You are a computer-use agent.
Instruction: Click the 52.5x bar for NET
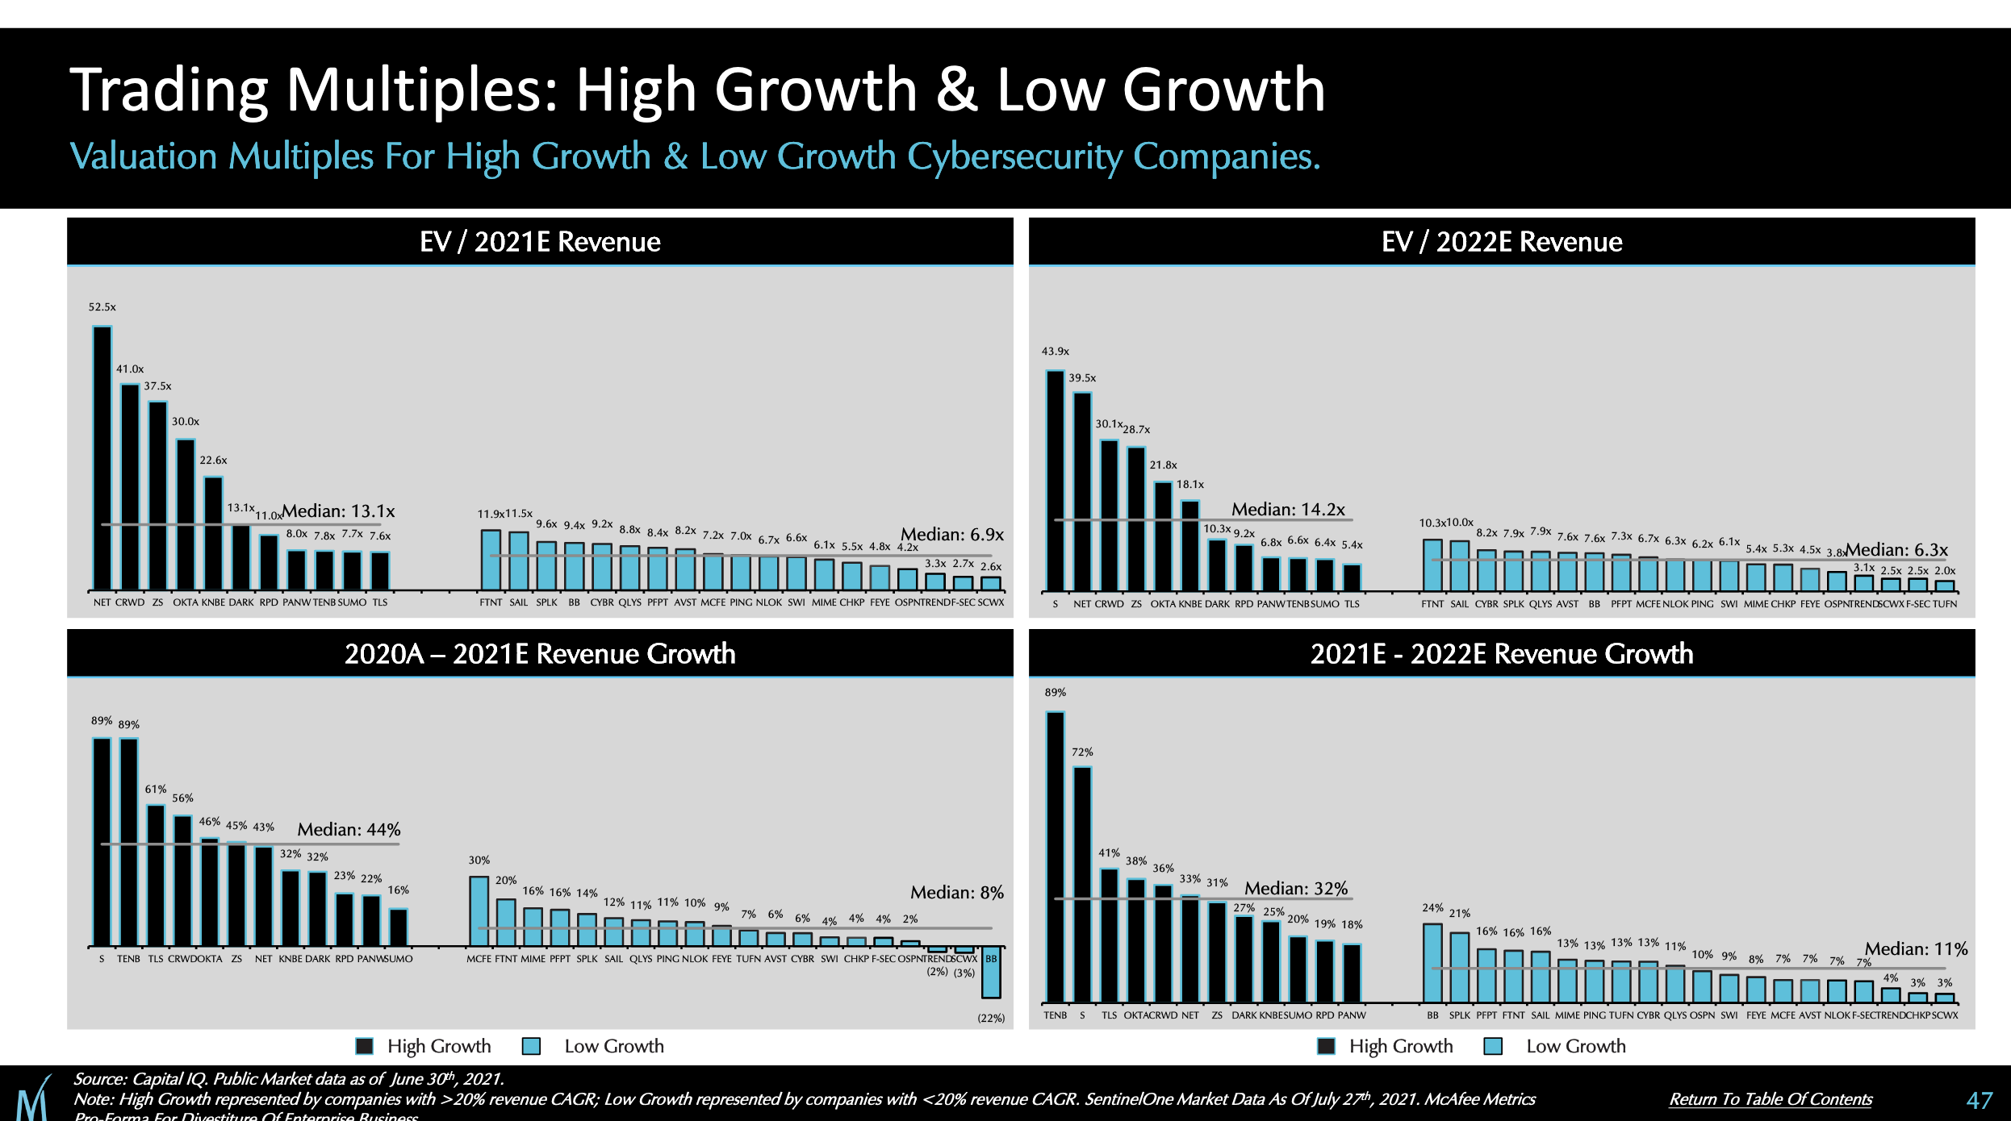coord(102,457)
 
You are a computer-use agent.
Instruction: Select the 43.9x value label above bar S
coord(1055,352)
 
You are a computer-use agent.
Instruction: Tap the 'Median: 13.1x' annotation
coord(339,511)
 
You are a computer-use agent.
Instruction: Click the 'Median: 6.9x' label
coord(952,535)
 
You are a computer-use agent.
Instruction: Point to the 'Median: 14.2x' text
coord(1288,510)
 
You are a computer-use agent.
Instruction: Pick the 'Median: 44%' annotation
coord(349,830)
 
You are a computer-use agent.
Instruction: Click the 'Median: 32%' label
coord(1296,889)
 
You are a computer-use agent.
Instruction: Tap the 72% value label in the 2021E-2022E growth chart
coord(1082,752)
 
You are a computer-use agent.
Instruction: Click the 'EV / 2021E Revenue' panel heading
coord(540,242)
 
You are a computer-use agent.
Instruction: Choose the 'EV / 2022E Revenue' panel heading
coord(1502,242)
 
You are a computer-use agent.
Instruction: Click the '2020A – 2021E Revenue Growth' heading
coord(540,654)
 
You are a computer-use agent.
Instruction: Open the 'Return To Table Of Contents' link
coord(1771,1099)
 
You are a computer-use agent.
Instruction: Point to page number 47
coord(1980,1100)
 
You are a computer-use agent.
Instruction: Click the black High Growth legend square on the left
coord(365,1046)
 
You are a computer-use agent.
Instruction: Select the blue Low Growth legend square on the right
coord(1493,1046)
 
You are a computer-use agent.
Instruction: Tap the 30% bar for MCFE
coord(479,911)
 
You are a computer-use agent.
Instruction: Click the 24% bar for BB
coord(1432,963)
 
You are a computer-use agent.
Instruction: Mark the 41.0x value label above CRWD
coord(130,369)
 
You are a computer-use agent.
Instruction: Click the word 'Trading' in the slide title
coord(168,90)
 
